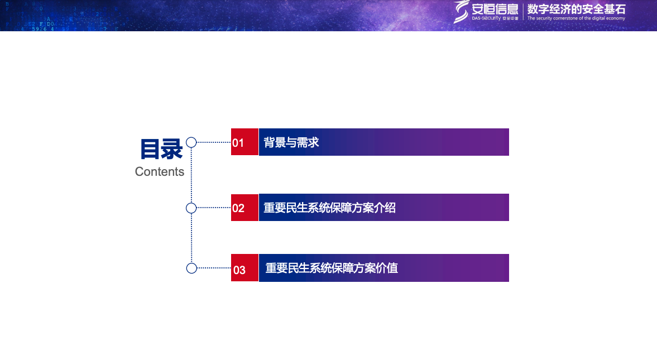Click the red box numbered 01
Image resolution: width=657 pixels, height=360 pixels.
pyautogui.click(x=244, y=142)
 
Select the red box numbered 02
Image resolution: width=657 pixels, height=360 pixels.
pyautogui.click(x=244, y=208)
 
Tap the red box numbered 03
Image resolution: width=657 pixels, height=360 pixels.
pyautogui.click(x=244, y=268)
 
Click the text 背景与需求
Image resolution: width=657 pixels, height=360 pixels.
pyautogui.click(x=291, y=142)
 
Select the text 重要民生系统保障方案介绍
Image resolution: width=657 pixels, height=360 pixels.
pyautogui.click(x=329, y=208)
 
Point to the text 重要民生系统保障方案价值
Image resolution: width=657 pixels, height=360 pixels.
pyautogui.click(x=332, y=268)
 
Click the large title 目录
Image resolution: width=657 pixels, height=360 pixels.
pyautogui.click(x=161, y=149)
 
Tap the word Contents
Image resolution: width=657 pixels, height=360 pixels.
pyautogui.click(x=160, y=172)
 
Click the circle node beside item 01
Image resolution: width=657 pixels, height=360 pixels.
pyautogui.click(x=191, y=142)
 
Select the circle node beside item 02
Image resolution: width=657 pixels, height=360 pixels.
pyautogui.click(x=191, y=208)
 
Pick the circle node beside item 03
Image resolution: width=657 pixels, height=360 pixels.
pyautogui.click(x=191, y=268)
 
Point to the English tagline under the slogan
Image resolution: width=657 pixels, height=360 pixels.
pyautogui.click(x=576, y=18)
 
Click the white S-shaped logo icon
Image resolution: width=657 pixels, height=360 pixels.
pyautogui.click(x=461, y=11)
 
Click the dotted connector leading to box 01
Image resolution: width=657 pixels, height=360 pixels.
pyautogui.click(x=214, y=142)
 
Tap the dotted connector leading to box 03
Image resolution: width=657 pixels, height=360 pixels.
pyautogui.click(x=214, y=268)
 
